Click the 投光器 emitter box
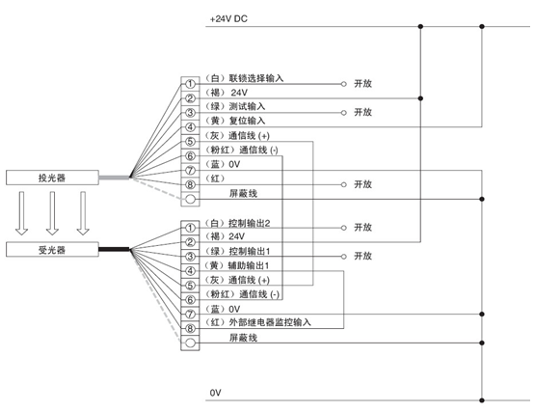52,178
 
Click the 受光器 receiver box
52,250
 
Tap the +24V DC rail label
228,19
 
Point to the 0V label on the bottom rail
215,393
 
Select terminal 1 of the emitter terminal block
190,84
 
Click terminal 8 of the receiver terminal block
190,329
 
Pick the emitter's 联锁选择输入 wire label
255,78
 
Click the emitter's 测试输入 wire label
247,106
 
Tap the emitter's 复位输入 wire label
247,121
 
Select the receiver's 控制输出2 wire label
249,224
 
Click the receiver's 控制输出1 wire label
249,252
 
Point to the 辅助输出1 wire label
249,265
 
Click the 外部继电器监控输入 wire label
270,322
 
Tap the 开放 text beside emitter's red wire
362,184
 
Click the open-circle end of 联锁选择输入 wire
343,84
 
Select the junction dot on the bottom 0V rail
482,400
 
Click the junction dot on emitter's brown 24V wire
420,98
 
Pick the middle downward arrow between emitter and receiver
52,213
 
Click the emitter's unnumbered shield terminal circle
191,199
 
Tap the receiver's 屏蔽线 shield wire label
243,338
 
